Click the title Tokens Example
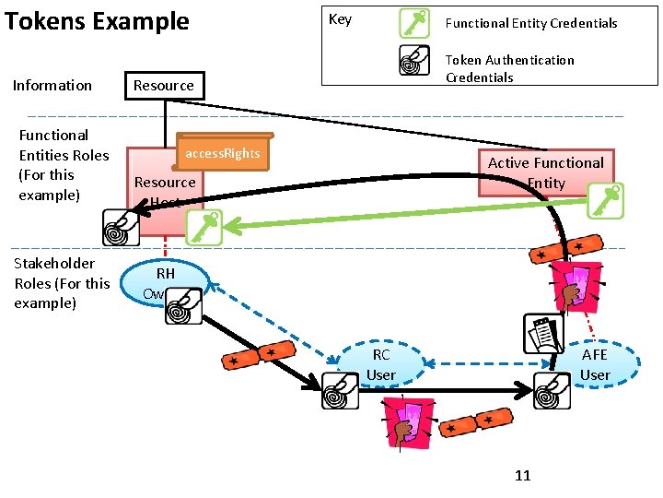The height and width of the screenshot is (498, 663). pyautogui.click(x=97, y=21)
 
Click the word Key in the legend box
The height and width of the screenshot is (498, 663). pyautogui.click(x=340, y=19)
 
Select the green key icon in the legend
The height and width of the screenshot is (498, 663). pyautogui.click(x=414, y=23)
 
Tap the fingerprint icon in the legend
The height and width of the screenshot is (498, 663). pyautogui.click(x=414, y=60)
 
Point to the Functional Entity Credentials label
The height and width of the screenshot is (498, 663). pyautogui.click(x=531, y=23)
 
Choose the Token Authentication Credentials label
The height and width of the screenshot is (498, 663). pyautogui.click(x=509, y=68)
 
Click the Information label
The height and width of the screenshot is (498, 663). pyautogui.click(x=52, y=86)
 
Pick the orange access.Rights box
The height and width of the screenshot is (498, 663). pyautogui.click(x=223, y=154)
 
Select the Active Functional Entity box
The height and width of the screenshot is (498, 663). pyautogui.click(x=545, y=172)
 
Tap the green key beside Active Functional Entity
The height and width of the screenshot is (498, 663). pyautogui.click(x=605, y=200)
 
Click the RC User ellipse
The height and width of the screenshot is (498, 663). pyautogui.click(x=381, y=365)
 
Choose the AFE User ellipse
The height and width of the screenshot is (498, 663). pyautogui.click(x=594, y=365)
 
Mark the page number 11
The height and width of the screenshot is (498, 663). pyautogui.click(x=523, y=476)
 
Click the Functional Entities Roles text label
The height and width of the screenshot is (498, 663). pyautogui.click(x=64, y=165)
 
